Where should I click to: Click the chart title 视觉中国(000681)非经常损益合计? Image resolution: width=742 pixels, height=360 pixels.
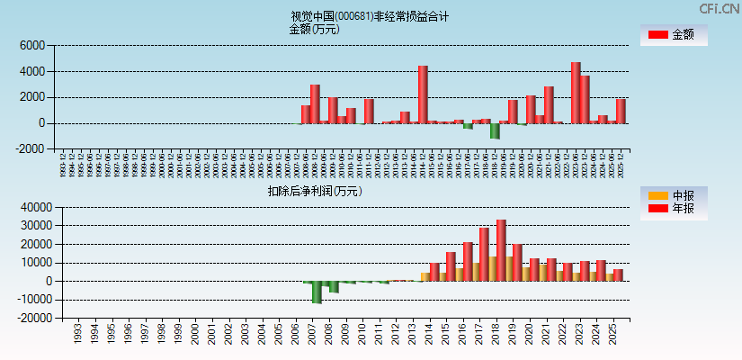tap(370, 16)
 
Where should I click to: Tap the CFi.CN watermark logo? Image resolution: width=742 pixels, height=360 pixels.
tap(720, 8)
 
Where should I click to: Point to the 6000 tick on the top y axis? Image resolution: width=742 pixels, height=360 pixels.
tap(32, 45)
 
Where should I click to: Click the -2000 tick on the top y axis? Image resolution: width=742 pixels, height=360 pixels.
tap(31, 149)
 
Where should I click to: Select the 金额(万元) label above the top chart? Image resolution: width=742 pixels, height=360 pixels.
tap(314, 29)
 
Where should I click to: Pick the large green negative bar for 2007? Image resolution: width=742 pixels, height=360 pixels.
tap(317, 292)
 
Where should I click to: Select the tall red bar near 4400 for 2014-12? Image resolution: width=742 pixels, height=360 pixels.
tap(423, 94)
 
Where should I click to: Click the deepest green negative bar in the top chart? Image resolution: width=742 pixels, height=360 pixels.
tap(495, 130)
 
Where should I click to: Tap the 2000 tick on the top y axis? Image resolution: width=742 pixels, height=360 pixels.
tap(32, 97)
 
